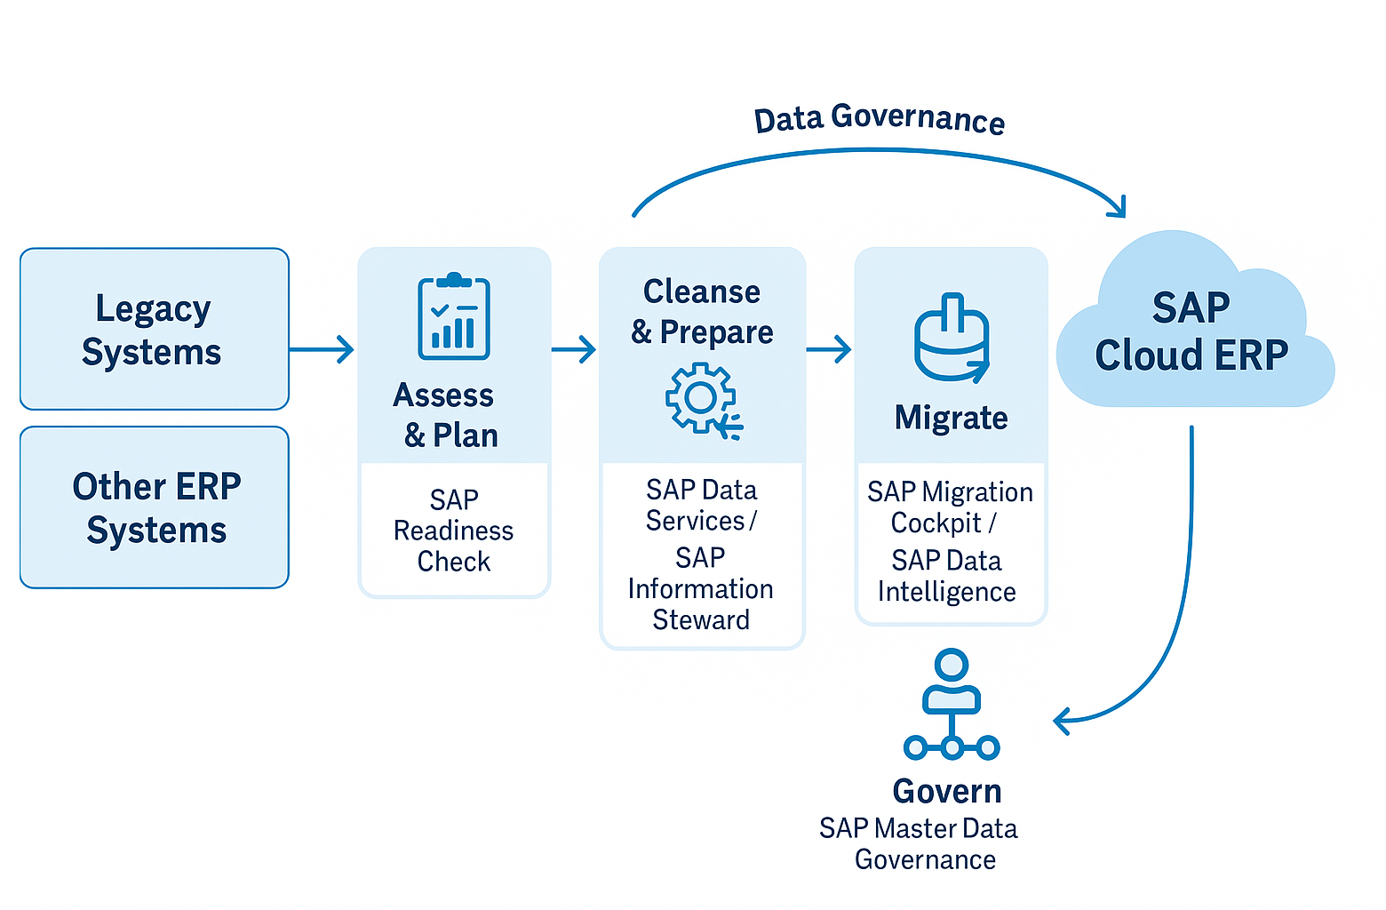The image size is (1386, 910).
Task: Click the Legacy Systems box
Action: [155, 329]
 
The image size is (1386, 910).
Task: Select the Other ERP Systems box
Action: [155, 507]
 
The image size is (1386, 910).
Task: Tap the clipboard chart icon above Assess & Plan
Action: [454, 317]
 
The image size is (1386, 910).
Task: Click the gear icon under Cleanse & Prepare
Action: [703, 399]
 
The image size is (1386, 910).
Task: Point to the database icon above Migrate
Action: [952, 339]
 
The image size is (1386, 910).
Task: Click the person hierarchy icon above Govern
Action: [952, 706]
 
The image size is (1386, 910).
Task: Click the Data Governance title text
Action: [880, 119]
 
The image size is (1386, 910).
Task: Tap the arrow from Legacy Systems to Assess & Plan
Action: [322, 349]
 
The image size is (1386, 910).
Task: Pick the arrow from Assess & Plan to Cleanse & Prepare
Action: [574, 349]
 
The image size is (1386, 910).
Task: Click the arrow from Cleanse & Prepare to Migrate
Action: [829, 349]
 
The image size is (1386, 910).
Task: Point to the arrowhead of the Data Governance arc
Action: [1119, 208]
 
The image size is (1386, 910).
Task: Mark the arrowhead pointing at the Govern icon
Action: [1061, 721]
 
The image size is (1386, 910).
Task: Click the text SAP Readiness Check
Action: [454, 531]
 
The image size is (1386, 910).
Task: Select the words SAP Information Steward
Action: [701, 588]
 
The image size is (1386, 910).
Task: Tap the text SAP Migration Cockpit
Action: [950, 507]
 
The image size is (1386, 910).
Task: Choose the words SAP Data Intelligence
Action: [947, 576]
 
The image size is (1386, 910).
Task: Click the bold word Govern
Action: [947, 791]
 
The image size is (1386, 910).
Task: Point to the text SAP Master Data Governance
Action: [920, 844]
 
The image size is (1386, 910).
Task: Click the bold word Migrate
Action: [951, 418]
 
